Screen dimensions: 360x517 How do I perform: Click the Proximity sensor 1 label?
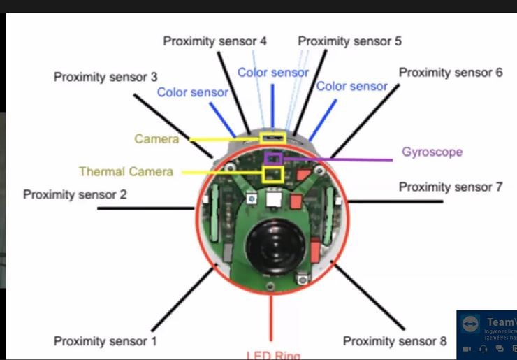pos(105,341)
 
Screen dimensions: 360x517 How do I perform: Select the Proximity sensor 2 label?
pos(75,194)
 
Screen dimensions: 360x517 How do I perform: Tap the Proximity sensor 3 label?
pos(105,77)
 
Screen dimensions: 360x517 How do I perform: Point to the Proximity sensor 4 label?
pos(214,41)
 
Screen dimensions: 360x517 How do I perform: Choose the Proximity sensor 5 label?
pos(349,41)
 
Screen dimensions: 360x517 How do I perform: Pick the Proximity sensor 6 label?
pos(450,73)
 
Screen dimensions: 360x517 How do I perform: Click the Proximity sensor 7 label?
pos(450,187)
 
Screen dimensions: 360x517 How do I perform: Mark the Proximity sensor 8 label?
pos(394,341)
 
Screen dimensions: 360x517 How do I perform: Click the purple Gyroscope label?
pos(432,152)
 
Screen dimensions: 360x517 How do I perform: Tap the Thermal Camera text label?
pos(126,171)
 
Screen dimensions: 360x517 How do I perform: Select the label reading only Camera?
pos(156,139)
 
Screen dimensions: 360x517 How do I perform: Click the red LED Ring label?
pos(272,354)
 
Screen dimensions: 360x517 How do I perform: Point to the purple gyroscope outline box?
pos(273,159)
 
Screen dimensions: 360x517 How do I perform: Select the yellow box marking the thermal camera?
pos(272,175)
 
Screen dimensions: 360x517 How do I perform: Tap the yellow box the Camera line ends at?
pos(272,138)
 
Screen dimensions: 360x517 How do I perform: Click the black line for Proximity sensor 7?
pos(395,201)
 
